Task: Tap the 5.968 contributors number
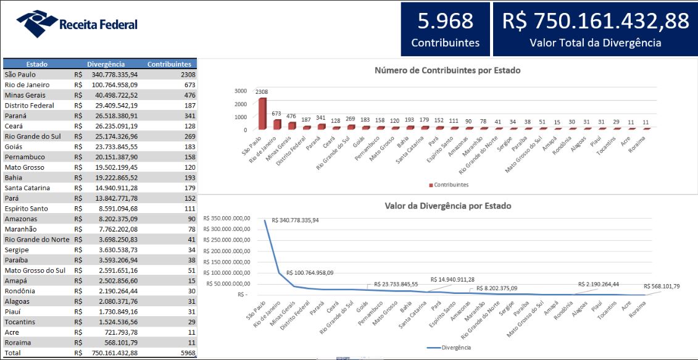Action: tap(445, 21)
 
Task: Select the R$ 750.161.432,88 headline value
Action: tap(595, 21)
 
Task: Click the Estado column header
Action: tap(37, 64)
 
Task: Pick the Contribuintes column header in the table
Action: tap(169, 64)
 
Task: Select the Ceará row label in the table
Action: tap(15, 126)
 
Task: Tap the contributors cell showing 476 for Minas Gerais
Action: tap(189, 95)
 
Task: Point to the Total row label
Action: tap(13, 353)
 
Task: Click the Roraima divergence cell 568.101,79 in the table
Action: tap(120, 343)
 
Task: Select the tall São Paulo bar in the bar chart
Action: tap(262, 114)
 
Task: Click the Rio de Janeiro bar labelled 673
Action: tap(277, 124)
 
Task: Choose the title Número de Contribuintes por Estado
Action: tap(447, 70)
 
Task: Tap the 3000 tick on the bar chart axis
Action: tap(240, 91)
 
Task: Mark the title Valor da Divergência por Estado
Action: tap(447, 206)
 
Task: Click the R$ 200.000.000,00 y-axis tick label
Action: tap(226, 251)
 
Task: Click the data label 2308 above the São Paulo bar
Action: tap(262, 92)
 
